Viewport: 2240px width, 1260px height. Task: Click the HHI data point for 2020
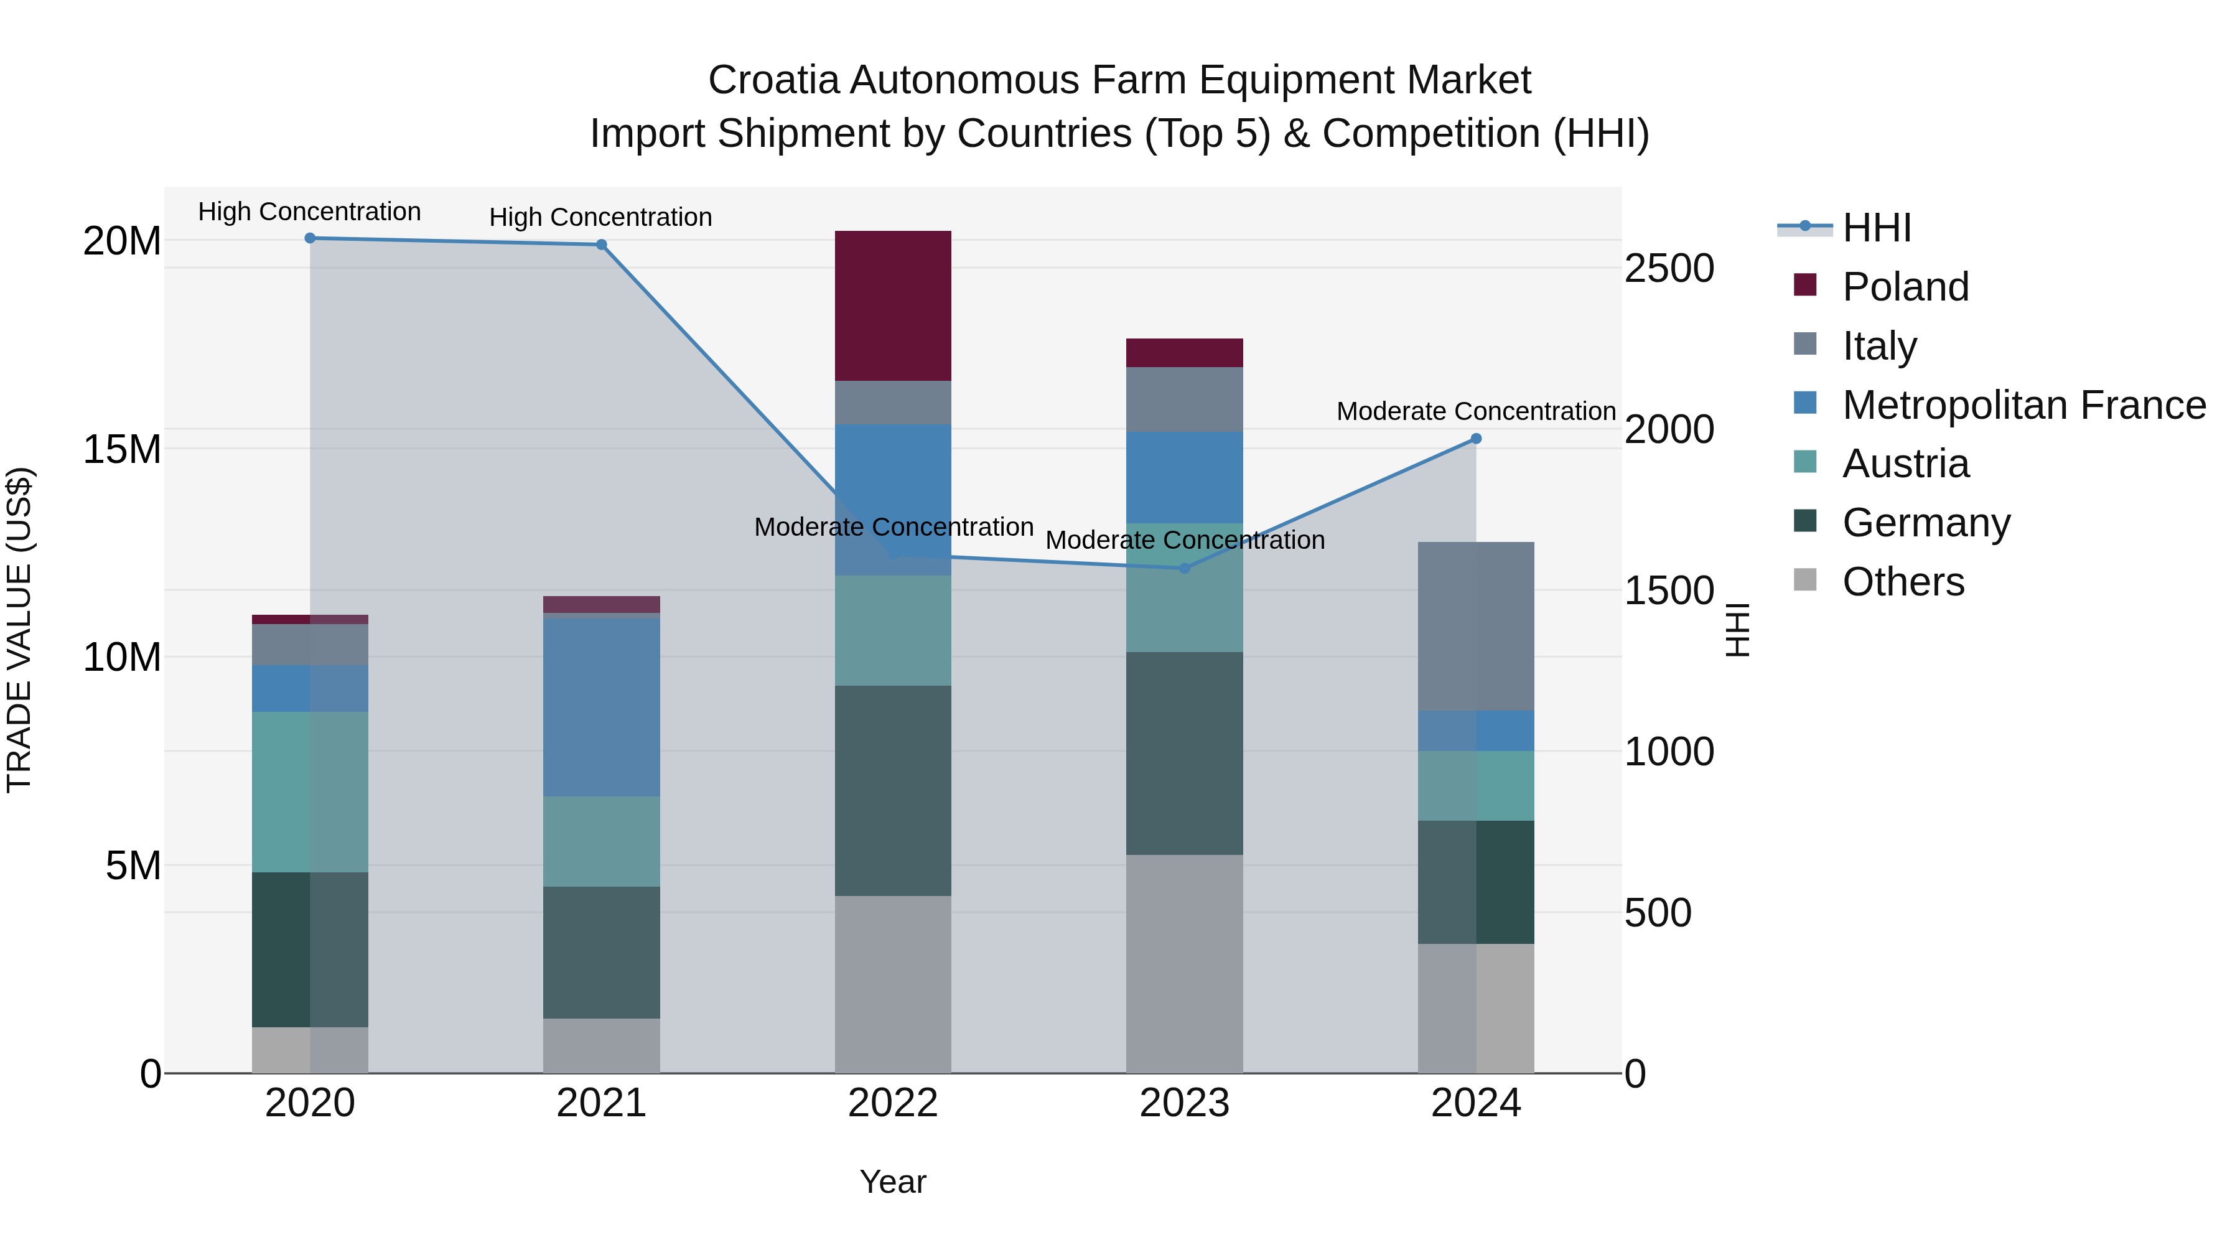[310, 238]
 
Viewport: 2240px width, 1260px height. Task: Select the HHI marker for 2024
[1476, 439]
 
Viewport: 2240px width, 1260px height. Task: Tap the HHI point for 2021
[602, 245]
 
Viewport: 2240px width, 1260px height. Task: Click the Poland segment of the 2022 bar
[893, 306]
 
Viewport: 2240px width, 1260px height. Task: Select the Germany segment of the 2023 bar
[1184, 753]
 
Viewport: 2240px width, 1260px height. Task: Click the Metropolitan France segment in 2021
[602, 706]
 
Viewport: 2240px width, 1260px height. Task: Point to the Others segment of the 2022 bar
[893, 984]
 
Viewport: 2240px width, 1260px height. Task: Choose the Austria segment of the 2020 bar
[310, 792]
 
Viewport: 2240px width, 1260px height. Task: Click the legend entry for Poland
[1905, 287]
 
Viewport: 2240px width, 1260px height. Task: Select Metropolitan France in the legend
[2023, 405]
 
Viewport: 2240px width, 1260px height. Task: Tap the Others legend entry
[1903, 582]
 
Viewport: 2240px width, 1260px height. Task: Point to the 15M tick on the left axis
[122, 450]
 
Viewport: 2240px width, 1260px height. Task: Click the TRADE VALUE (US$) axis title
[20, 630]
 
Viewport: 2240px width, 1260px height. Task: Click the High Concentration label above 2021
[601, 217]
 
